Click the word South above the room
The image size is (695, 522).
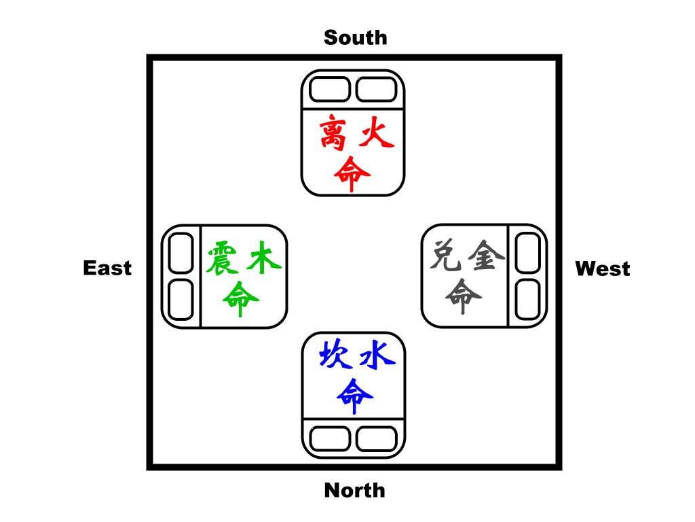(x=355, y=37)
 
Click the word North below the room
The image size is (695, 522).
(x=354, y=490)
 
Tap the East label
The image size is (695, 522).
(x=107, y=268)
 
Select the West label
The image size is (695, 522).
(x=602, y=269)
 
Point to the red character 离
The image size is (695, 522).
(x=335, y=134)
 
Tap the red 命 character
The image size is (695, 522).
(x=353, y=174)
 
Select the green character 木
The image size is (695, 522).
(x=263, y=258)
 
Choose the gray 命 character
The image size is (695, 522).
(x=464, y=297)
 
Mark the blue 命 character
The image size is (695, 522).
(x=354, y=394)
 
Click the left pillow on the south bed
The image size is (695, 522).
(x=330, y=89)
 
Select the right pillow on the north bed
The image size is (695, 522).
(x=377, y=438)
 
